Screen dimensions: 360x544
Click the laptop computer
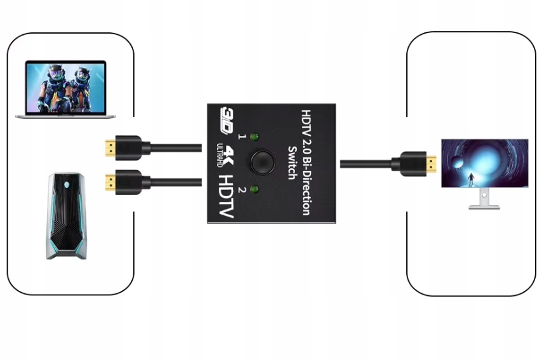(x=66, y=90)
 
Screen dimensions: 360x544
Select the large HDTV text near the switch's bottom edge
(x=225, y=195)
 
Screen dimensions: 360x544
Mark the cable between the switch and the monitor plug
(x=364, y=163)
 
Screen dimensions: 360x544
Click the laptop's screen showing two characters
(x=66, y=86)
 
